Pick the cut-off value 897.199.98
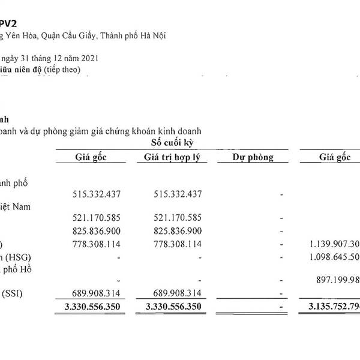click(x=336, y=280)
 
